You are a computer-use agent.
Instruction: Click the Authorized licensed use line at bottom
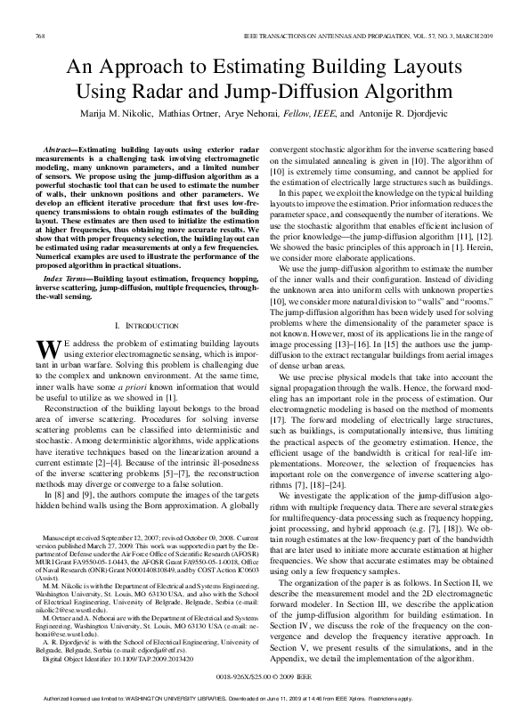pos(264,696)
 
